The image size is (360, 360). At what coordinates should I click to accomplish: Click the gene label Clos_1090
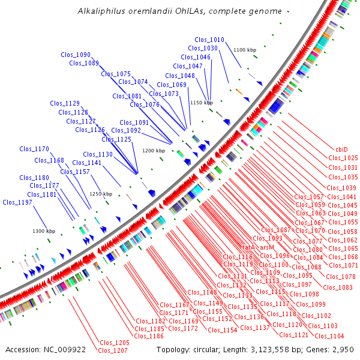(x=76, y=55)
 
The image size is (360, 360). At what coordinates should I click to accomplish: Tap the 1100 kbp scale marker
(x=244, y=50)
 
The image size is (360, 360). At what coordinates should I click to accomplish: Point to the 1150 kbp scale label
(x=202, y=103)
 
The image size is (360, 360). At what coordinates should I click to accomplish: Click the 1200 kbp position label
(x=153, y=151)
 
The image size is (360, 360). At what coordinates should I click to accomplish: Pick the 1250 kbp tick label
(x=101, y=194)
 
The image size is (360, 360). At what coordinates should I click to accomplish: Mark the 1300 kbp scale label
(x=44, y=231)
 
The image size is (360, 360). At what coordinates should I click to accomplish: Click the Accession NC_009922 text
(x=46, y=349)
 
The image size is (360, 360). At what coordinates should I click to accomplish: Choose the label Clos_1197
(x=17, y=202)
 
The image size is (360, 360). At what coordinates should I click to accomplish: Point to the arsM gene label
(x=267, y=247)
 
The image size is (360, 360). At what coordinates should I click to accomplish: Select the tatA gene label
(x=248, y=247)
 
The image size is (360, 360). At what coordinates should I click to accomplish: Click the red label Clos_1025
(x=343, y=158)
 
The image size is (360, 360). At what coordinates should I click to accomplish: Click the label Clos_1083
(x=337, y=287)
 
